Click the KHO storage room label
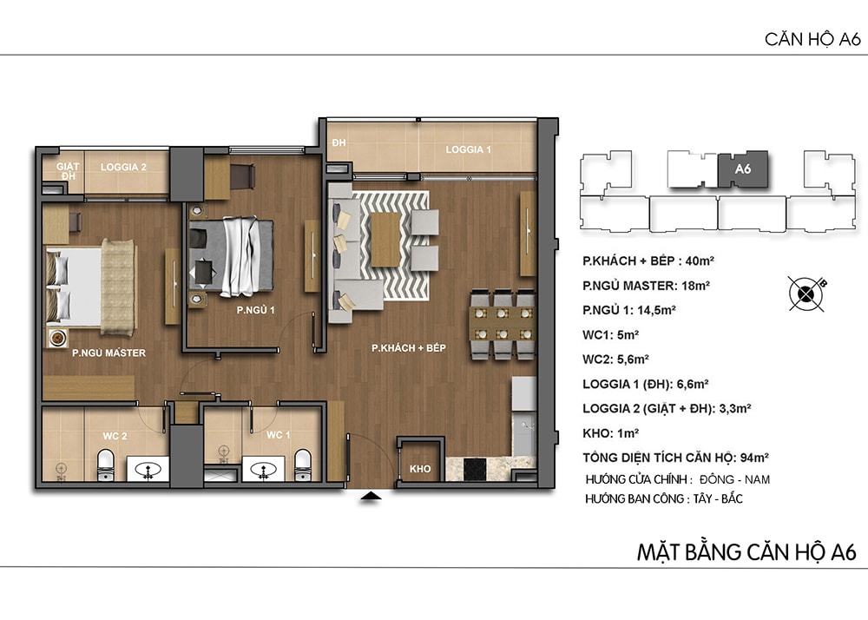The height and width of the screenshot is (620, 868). click(x=420, y=469)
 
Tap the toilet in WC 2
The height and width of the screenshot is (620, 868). click(x=105, y=465)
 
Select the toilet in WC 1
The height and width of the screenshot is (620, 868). click(x=302, y=465)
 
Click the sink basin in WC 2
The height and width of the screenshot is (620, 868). click(x=148, y=470)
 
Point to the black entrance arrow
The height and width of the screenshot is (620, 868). click(x=371, y=496)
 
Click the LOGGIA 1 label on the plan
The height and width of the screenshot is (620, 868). click(x=469, y=149)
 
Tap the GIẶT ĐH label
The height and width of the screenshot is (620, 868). click(x=68, y=171)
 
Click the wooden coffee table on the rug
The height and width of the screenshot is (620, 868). click(x=386, y=240)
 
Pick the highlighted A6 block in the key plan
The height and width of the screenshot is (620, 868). click(x=743, y=168)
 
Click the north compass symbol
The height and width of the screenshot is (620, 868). click(x=806, y=293)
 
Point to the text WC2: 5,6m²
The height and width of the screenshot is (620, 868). click(x=615, y=359)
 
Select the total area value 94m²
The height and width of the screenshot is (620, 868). click(x=754, y=458)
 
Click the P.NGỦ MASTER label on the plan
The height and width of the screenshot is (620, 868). click(x=109, y=353)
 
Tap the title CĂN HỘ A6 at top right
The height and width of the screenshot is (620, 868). click(x=812, y=39)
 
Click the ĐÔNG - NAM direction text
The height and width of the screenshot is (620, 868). click(x=734, y=479)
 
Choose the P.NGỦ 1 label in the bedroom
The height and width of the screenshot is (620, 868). click(x=256, y=310)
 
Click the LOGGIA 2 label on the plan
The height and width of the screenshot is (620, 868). click(x=123, y=168)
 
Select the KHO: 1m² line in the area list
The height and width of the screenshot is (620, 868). click(x=610, y=433)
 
